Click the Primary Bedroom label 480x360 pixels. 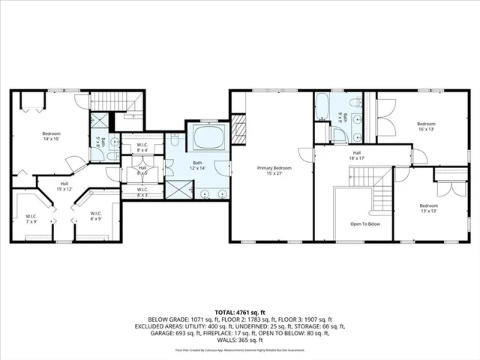pyautogui.click(x=272, y=170)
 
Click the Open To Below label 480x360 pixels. pyautogui.click(x=364, y=223)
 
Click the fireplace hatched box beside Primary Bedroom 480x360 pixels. pyautogui.click(x=238, y=124)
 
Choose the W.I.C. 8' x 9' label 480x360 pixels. pyautogui.click(x=95, y=217)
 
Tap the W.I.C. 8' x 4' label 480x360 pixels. pyautogui.click(x=142, y=148)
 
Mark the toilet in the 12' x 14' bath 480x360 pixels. pyautogui.click(x=173, y=140)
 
